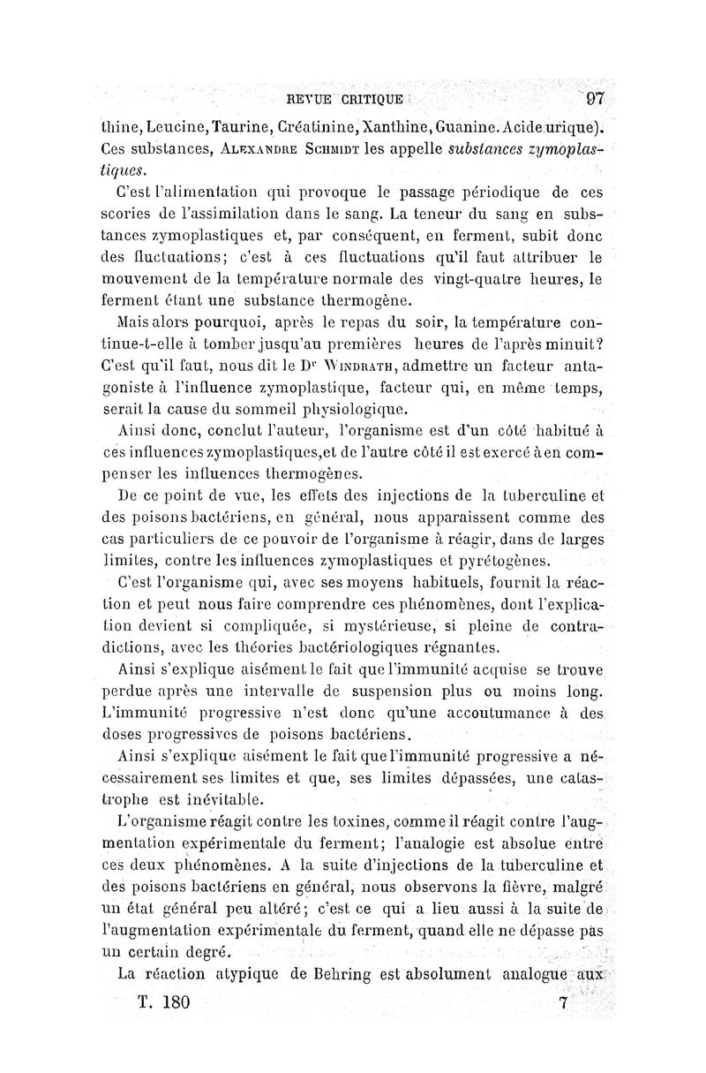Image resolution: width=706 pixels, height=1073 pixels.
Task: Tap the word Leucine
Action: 177,128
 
